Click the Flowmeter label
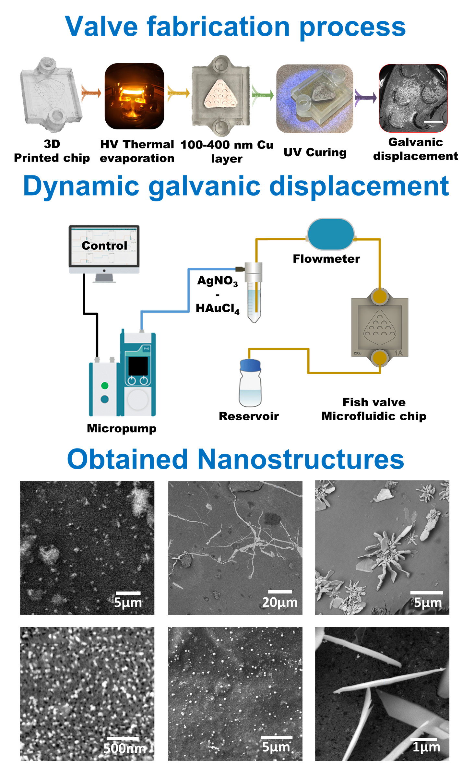[x=326, y=259]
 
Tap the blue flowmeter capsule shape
[x=330, y=234]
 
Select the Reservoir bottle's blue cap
[x=250, y=365]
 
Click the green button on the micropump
[x=105, y=386]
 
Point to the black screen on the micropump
[x=138, y=366]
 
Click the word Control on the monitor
[x=104, y=245]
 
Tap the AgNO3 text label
[x=218, y=281]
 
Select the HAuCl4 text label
[x=218, y=308]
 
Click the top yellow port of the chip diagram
[x=380, y=296]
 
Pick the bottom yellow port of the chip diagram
[x=380, y=358]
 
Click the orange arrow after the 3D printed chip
[x=91, y=93]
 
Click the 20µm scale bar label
[x=279, y=602]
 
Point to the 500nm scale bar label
[x=124, y=748]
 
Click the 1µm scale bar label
[x=426, y=747]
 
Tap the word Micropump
[x=122, y=428]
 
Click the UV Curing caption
[x=315, y=152]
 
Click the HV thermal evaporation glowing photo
[x=134, y=96]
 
